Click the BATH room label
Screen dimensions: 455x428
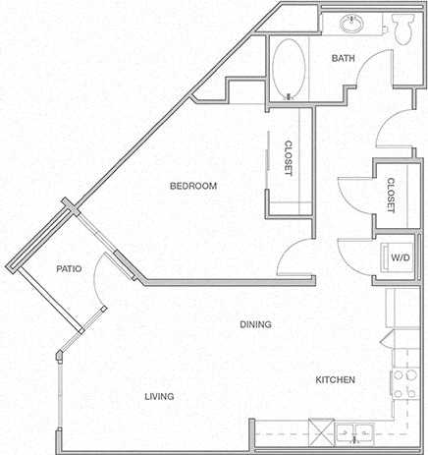click(343, 58)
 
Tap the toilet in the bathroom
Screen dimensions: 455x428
click(401, 30)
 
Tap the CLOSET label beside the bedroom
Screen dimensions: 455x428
click(289, 155)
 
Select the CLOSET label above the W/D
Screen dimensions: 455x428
click(391, 195)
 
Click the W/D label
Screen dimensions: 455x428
click(401, 258)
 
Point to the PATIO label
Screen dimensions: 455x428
click(68, 268)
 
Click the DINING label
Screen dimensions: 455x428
click(254, 324)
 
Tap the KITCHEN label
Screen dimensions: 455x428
click(335, 379)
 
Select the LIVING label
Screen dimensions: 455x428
click(158, 396)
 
